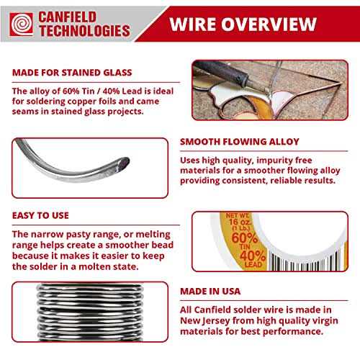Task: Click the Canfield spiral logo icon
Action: (x=22, y=24)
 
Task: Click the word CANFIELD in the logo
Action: (x=68, y=17)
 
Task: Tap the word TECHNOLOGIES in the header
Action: (x=85, y=31)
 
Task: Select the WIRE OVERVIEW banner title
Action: (x=243, y=24)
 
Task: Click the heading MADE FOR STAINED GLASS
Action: (x=72, y=73)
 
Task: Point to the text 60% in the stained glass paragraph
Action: (x=71, y=91)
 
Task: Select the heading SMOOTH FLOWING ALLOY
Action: (x=240, y=142)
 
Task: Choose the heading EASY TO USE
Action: (x=40, y=215)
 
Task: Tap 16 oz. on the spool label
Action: (x=240, y=222)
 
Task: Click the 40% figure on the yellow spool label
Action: (x=253, y=256)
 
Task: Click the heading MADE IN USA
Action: (x=210, y=291)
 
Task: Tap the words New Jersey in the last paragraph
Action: (x=205, y=320)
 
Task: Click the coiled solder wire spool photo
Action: (x=90, y=312)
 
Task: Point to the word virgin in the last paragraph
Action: (x=325, y=320)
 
